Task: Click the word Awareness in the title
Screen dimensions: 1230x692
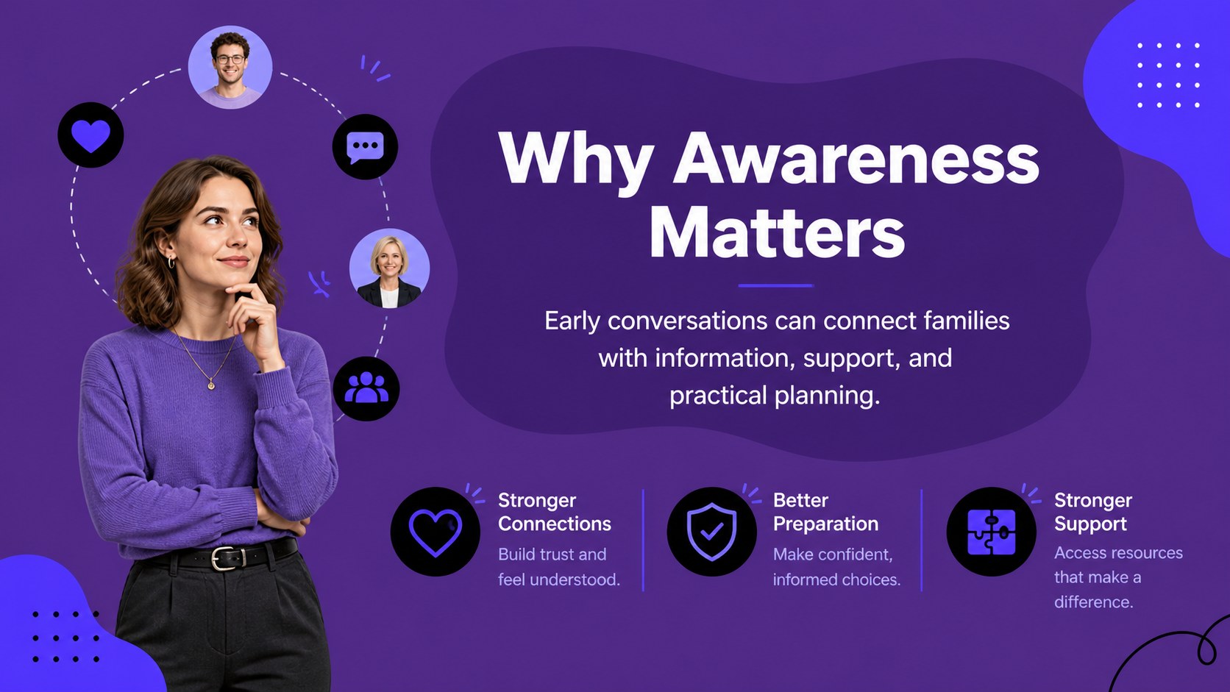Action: (856, 159)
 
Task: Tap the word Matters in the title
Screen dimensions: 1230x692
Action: (776, 233)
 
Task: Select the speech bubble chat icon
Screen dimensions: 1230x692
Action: (365, 146)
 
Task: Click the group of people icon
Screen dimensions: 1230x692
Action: (366, 388)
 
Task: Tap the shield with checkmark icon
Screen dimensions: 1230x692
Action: (711, 531)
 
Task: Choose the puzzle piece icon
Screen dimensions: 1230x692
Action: (991, 531)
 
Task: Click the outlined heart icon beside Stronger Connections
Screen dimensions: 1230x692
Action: (435, 531)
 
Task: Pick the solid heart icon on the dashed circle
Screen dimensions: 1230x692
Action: (90, 135)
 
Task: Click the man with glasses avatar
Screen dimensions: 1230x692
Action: (230, 67)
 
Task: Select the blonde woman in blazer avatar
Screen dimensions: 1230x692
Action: (389, 269)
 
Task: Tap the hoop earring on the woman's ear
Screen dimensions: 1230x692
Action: (171, 263)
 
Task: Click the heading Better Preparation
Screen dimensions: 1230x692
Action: (825, 512)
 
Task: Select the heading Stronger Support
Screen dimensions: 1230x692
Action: (1092, 512)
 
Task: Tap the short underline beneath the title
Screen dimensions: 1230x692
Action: (776, 285)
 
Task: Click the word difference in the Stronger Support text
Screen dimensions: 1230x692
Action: (1093, 602)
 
